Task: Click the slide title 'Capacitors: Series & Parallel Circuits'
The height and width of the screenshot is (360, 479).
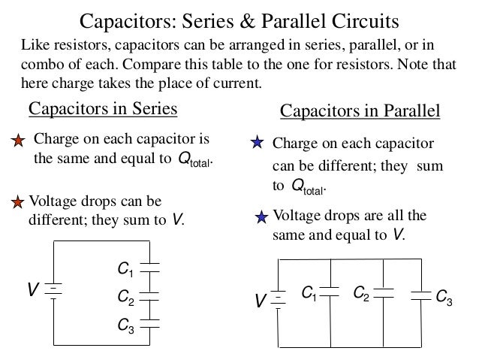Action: (239, 17)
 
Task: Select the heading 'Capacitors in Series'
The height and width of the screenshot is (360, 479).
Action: (103, 110)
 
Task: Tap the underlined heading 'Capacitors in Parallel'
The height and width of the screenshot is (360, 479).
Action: (359, 112)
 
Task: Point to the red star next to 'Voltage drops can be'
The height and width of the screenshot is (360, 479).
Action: (19, 201)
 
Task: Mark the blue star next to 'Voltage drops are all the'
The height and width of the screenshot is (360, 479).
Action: (261, 218)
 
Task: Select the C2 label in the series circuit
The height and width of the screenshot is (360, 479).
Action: (125, 298)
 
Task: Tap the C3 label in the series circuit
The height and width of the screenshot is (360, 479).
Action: (125, 326)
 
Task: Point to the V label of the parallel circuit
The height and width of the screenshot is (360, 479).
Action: (261, 302)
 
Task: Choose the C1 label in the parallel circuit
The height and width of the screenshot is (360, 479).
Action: (309, 292)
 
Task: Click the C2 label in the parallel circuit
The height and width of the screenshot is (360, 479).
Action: (360, 292)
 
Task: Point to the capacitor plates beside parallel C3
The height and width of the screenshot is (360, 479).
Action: (420, 295)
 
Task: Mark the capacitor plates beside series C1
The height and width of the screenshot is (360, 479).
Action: (151, 268)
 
